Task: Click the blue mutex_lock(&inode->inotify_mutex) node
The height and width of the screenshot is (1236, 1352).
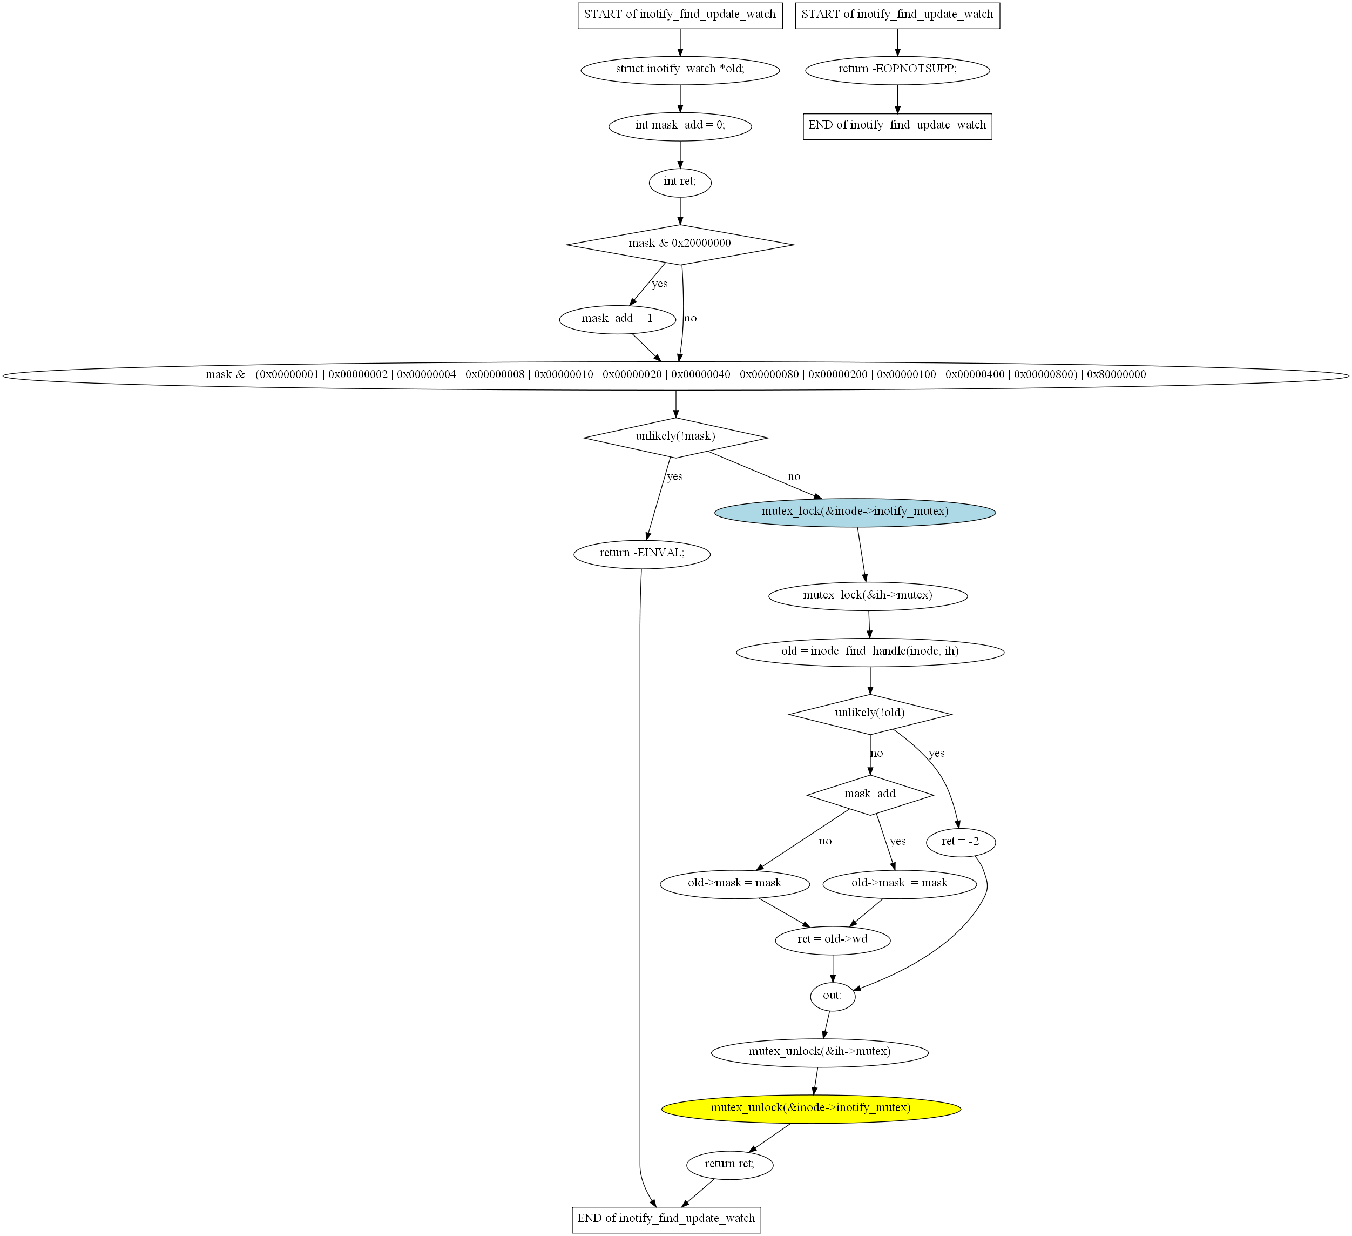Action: click(x=855, y=512)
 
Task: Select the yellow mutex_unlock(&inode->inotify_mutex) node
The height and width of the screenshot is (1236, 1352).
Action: click(x=811, y=1108)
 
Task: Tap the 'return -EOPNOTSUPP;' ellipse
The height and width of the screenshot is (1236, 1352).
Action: click(x=897, y=70)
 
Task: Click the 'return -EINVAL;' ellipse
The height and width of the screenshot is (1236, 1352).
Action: click(x=642, y=554)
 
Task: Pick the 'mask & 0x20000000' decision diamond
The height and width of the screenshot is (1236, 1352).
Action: click(x=680, y=244)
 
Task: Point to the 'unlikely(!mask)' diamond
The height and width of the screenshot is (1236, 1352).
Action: click(x=676, y=438)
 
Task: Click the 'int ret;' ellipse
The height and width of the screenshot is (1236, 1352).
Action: click(x=680, y=183)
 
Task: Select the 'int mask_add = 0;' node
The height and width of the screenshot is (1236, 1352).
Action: click(x=680, y=126)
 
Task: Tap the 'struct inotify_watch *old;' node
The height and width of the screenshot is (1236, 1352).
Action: click(x=680, y=70)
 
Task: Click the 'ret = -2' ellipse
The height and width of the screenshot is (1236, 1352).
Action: click(x=961, y=842)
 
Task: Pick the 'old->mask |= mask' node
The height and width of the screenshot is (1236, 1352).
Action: click(x=900, y=884)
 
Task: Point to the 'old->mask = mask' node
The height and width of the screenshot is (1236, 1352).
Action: click(x=735, y=884)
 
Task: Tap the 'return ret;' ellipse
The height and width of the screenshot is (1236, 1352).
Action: click(x=729, y=1164)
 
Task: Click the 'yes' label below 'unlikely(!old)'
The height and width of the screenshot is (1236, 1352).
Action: click(x=936, y=754)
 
